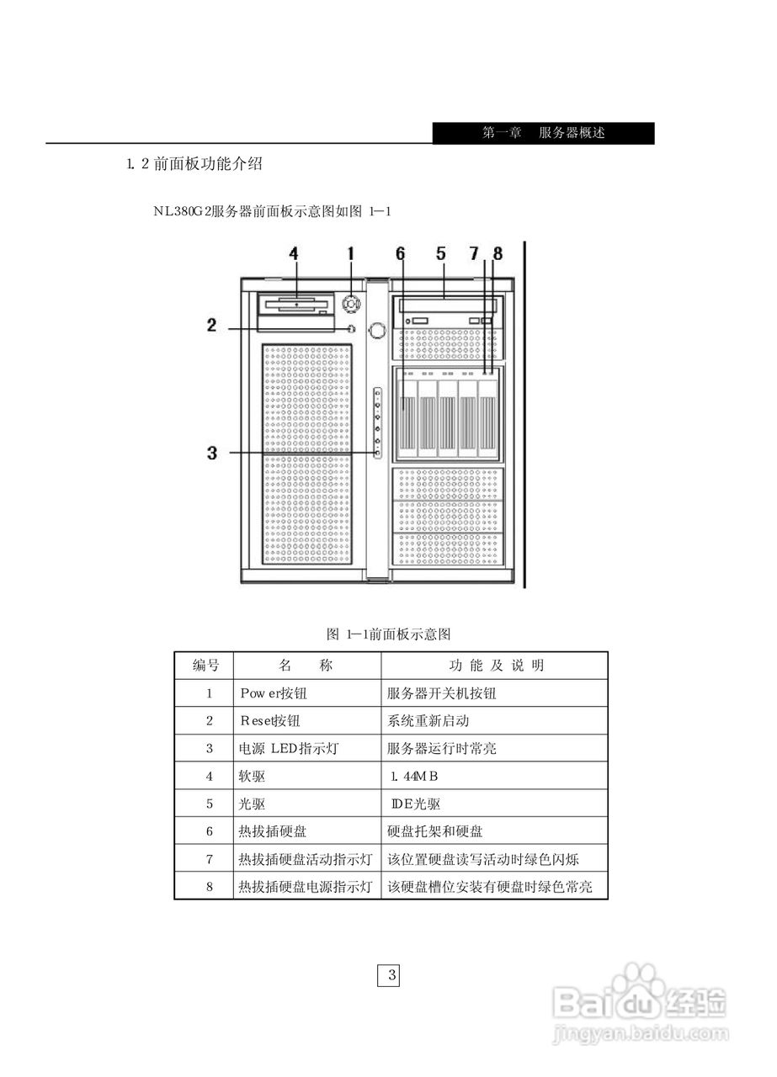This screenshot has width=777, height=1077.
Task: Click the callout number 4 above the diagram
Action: (293, 252)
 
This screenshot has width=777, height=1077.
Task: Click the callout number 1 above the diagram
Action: (350, 252)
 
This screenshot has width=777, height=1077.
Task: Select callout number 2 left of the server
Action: (212, 325)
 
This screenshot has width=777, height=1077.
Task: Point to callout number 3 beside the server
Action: (212, 453)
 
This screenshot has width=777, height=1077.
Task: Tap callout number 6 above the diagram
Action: (400, 252)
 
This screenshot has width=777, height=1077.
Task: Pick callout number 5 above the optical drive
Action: (440, 252)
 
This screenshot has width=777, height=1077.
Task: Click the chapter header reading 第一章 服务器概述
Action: (543, 133)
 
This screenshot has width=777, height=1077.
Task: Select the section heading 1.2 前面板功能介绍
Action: (194, 164)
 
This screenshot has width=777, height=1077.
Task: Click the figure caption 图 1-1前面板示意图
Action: (389, 634)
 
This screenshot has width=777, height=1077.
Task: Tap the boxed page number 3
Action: (389, 976)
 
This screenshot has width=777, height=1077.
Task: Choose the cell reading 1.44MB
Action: (414, 776)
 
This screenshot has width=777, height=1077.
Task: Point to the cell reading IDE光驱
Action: (416, 804)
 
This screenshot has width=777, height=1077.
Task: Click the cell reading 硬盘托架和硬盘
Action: (435, 831)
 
